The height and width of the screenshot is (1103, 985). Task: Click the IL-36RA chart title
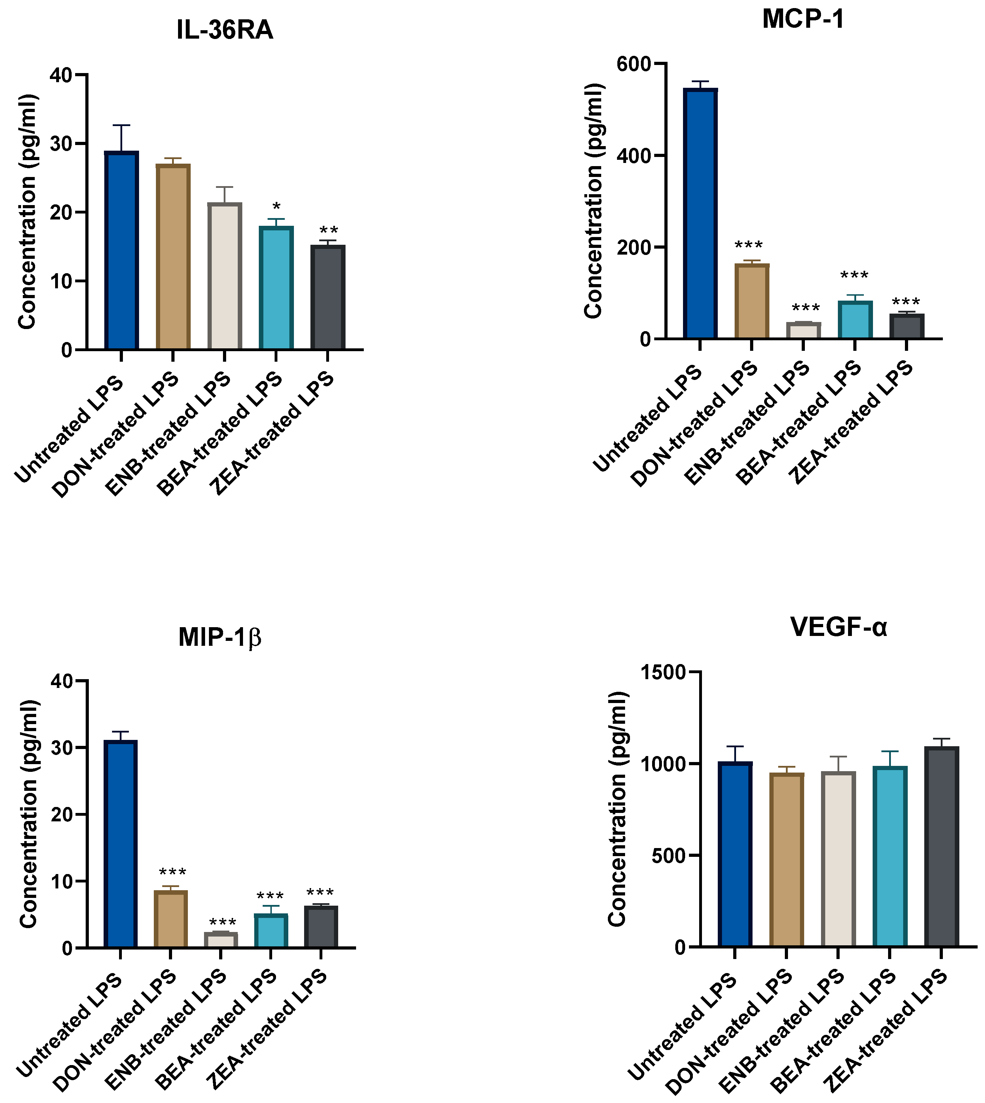click(225, 30)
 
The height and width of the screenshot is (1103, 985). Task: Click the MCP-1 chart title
click(803, 19)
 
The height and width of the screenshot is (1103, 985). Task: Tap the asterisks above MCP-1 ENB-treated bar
click(805, 308)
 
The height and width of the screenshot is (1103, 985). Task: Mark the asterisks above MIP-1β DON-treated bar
click(172, 872)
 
